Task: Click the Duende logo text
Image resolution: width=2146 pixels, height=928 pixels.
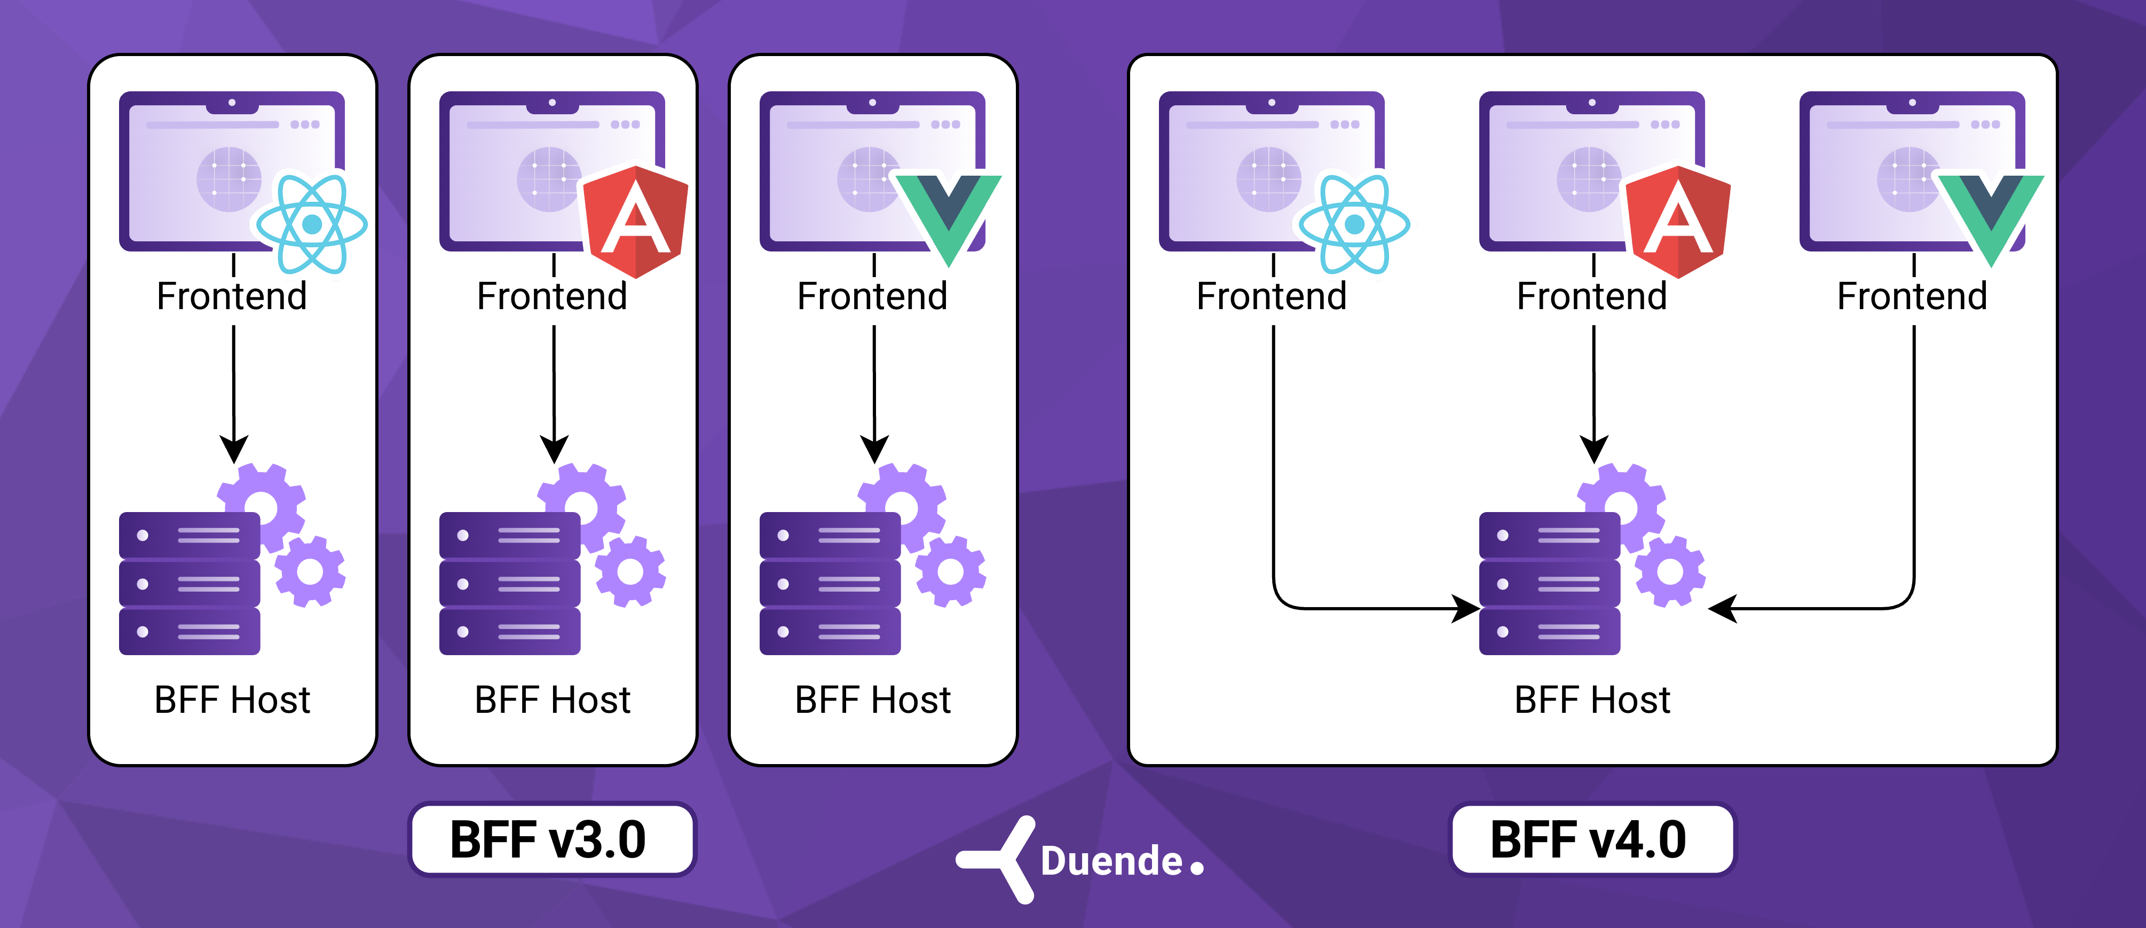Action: [x=1112, y=861]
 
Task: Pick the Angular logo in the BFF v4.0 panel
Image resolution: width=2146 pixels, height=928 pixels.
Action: [x=1678, y=220]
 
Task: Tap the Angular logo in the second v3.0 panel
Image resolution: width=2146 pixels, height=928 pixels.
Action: [x=636, y=220]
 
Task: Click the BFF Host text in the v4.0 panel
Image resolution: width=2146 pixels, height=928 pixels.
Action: [x=1592, y=700]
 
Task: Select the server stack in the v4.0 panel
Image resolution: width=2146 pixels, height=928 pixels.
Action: [x=1550, y=583]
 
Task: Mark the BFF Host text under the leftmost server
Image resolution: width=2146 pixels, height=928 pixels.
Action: [x=232, y=700]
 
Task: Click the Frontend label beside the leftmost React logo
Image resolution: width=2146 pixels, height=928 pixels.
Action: [x=232, y=296]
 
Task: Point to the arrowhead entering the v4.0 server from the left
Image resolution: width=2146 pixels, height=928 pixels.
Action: [x=1466, y=608]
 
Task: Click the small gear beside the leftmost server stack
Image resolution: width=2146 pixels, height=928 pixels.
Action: [x=310, y=571]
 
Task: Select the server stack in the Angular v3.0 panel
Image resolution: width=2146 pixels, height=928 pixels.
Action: [x=510, y=583]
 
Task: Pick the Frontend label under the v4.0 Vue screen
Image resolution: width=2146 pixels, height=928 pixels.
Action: [x=1912, y=296]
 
